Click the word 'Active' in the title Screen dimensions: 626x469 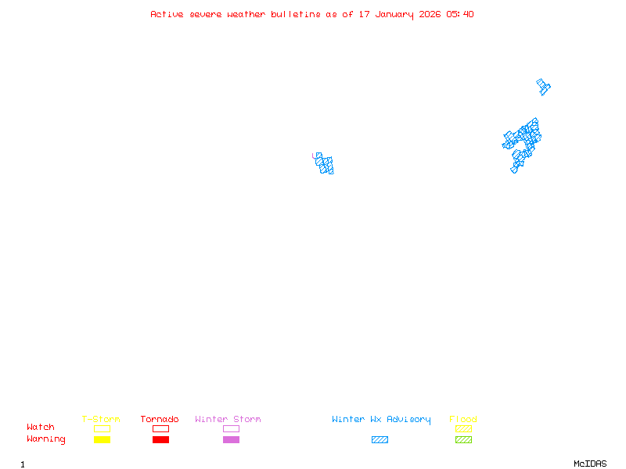tap(167, 14)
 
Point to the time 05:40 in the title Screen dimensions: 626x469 tap(460, 14)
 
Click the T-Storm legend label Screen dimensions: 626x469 tap(101, 420)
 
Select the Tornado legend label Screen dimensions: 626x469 tap(160, 420)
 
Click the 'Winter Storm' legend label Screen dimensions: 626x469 tap(228, 420)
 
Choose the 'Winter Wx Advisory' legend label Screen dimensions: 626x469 tap(381, 420)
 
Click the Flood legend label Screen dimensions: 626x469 tap(463, 420)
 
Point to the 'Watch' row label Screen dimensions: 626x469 tap(41, 428)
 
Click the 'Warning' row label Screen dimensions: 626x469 tap(46, 439)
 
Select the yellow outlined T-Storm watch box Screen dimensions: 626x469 tap(102, 428)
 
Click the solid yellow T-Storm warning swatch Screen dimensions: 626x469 tap(102, 440)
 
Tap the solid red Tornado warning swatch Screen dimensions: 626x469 tap(160, 440)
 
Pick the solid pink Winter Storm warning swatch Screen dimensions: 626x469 tap(231, 440)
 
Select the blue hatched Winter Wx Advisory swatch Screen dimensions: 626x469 tap(380, 440)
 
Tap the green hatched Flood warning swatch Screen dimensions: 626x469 tap(463, 440)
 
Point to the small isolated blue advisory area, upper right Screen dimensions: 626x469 tap(543, 86)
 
